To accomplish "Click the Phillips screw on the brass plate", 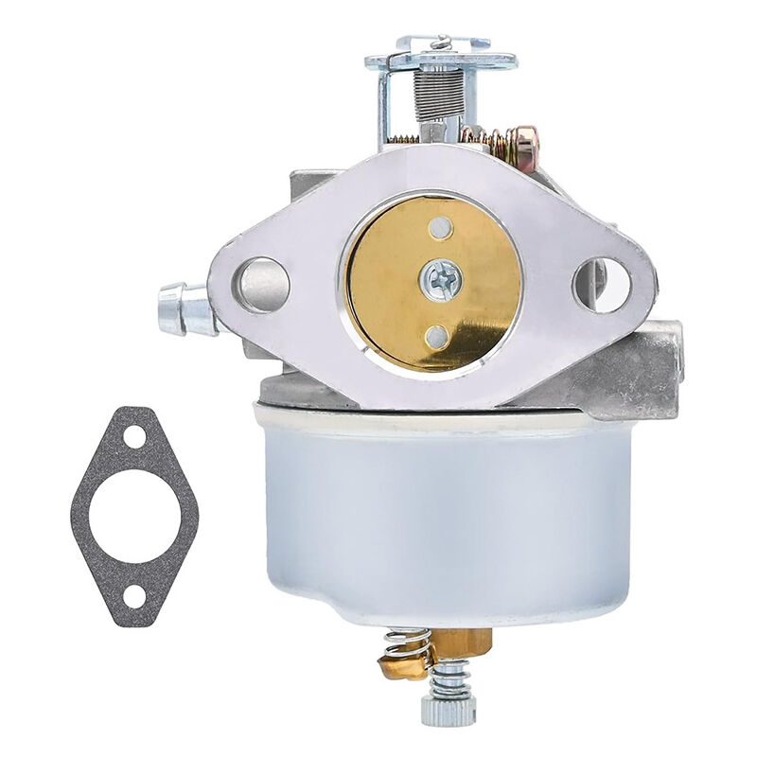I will (443, 281).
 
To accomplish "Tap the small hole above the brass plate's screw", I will (439, 227).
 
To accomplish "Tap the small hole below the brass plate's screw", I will (436, 335).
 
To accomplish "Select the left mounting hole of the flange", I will (262, 284).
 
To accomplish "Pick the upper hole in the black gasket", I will (134, 437).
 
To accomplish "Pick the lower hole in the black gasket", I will (134, 597).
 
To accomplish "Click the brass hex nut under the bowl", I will (464, 643).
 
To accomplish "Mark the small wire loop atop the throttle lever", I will (442, 41).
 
